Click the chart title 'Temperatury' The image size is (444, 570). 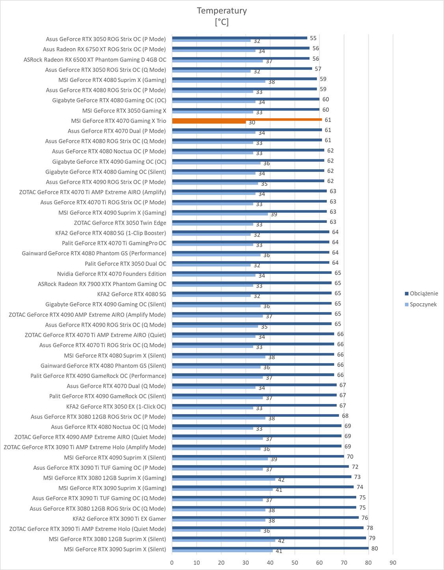(x=222, y=11)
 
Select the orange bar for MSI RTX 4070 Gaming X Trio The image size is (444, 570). (x=246, y=120)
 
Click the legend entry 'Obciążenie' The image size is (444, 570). (x=423, y=293)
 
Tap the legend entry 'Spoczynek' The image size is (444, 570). (x=423, y=304)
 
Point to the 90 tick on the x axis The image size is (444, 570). (x=393, y=563)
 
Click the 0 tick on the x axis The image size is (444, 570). (x=172, y=563)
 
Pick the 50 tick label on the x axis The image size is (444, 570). (x=295, y=563)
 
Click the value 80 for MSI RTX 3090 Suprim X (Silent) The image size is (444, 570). (x=374, y=548)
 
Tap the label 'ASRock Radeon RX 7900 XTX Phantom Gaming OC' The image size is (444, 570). (x=102, y=284)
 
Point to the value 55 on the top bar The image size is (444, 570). (x=313, y=38)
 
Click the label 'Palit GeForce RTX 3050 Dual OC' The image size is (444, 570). (x=125, y=264)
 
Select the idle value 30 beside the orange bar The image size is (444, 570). (x=252, y=123)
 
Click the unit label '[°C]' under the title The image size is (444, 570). (x=222, y=22)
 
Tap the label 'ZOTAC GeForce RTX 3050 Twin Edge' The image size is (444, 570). (x=120, y=223)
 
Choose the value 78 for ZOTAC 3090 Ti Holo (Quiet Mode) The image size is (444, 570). (x=369, y=528)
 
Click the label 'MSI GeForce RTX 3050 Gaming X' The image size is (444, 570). (x=124, y=110)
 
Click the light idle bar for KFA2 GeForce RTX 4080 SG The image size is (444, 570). (x=211, y=295)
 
